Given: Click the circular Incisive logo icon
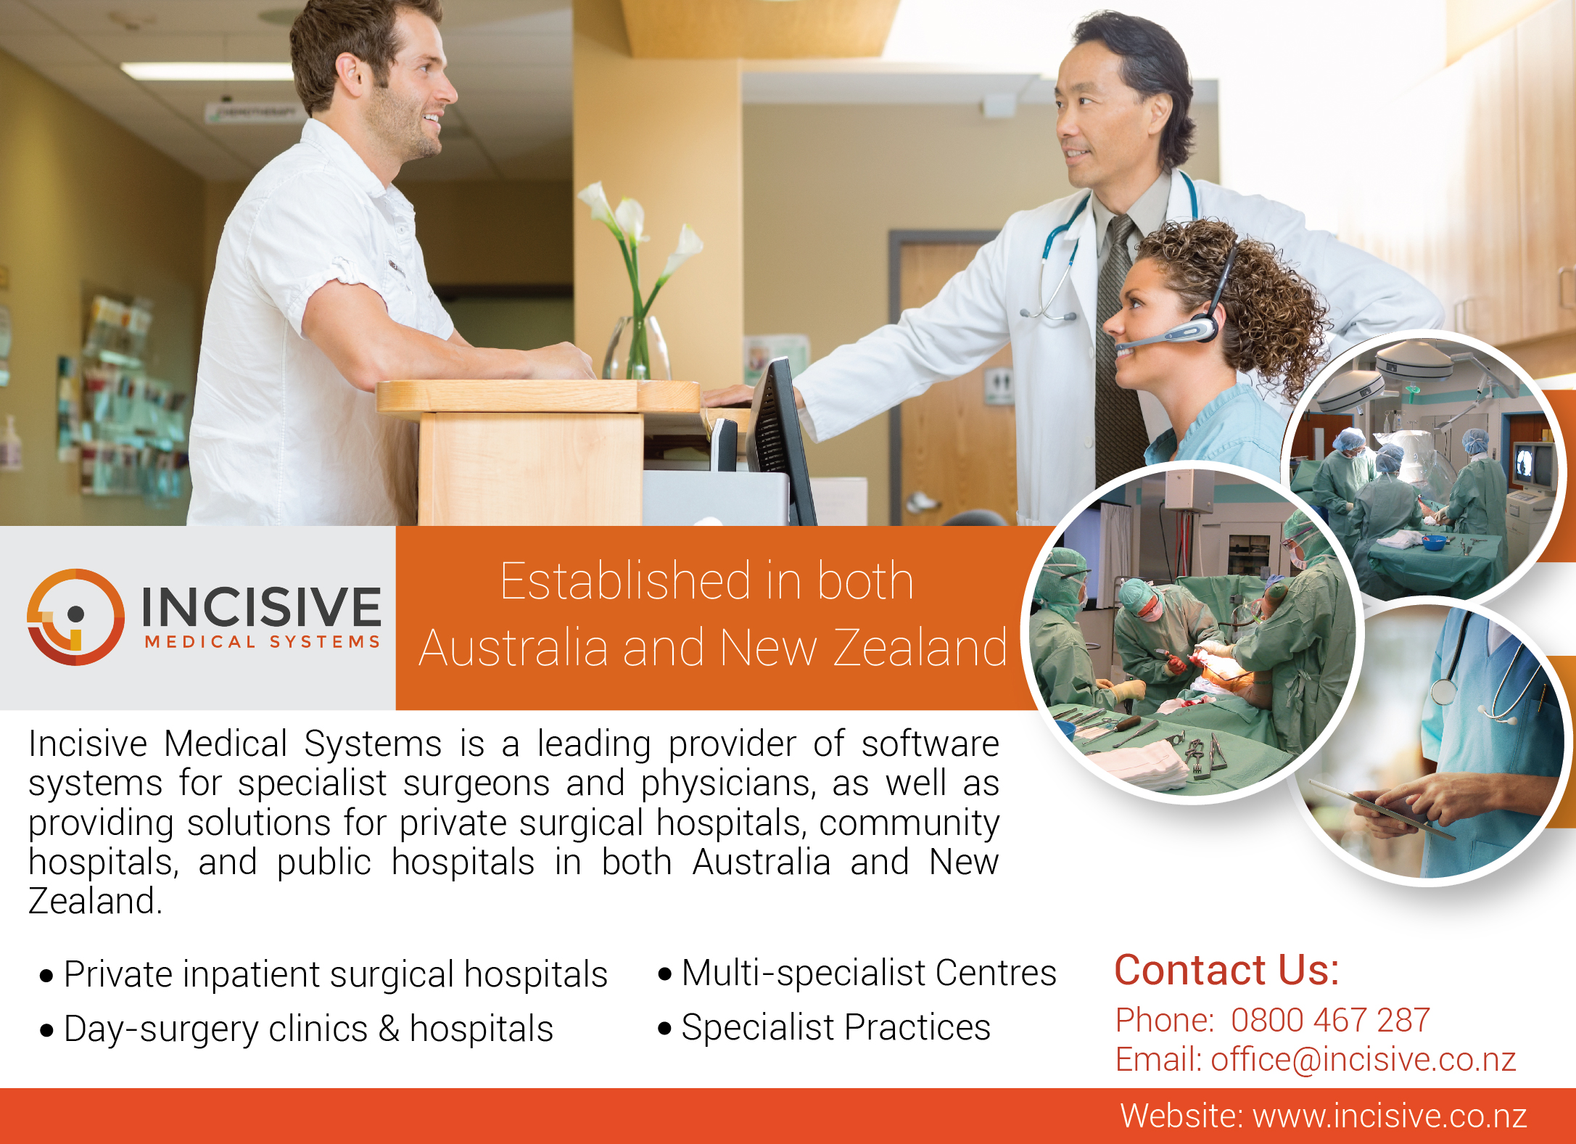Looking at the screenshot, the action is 75,617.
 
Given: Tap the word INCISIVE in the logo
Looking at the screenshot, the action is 261,606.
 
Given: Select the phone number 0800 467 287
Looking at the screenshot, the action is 1330,1020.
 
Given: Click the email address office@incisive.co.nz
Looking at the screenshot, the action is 1363,1059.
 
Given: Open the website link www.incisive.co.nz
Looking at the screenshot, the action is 1390,1116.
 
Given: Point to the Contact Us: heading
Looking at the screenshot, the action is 1226,970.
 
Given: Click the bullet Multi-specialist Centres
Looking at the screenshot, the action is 857,973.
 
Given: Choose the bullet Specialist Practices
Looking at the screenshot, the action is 824,1028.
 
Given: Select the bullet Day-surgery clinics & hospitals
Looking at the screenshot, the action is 297,1029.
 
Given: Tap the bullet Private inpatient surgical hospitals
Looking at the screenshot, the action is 324,974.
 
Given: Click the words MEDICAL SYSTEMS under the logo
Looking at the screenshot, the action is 263,642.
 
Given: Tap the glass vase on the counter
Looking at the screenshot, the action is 638,347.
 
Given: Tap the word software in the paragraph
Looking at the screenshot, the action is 931,744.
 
